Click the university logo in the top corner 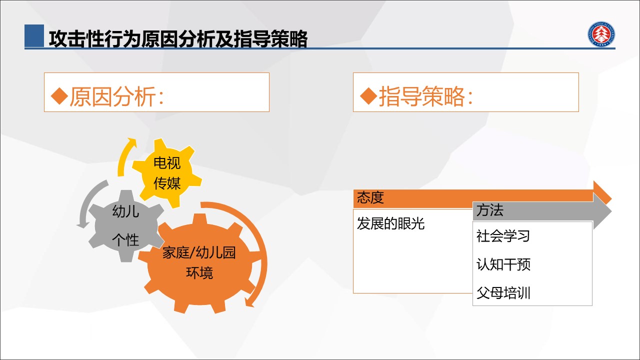pos(601,34)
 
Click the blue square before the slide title pos(34,35)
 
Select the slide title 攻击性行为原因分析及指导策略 pos(178,38)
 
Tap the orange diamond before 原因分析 pos(59,96)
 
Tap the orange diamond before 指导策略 pos(368,96)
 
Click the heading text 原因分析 pos(113,96)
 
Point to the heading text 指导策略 pos(422,96)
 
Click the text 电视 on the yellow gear pos(167,163)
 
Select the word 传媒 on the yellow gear pos(167,183)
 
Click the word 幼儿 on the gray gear pos(125,211)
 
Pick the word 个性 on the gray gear pos(125,239)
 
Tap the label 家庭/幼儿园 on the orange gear pos(199,252)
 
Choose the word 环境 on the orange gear pos(199,273)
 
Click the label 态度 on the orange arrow pos(370,197)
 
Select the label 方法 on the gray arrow pos(489,210)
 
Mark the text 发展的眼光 pos(390,223)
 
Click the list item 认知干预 pos(503,264)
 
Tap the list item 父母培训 pos(503,293)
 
